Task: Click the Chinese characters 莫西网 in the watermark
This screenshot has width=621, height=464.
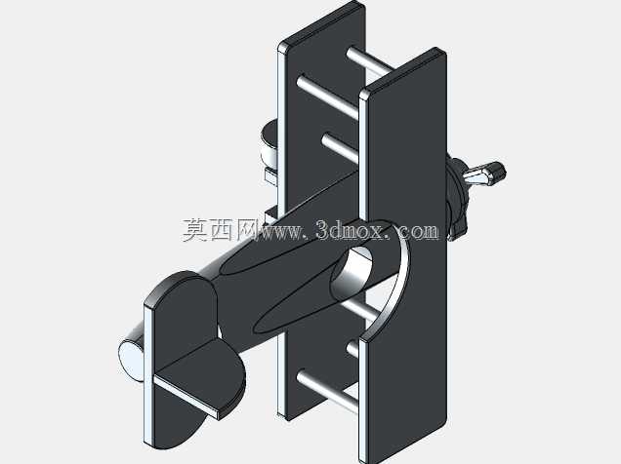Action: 220,230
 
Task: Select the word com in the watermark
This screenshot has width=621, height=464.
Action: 419,231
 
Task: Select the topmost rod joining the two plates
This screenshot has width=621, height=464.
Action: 367,61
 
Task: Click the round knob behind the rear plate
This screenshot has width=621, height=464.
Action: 269,144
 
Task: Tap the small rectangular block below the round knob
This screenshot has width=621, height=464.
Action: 270,175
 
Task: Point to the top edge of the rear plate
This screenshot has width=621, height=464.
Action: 321,21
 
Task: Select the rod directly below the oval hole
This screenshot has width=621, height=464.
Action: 359,311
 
